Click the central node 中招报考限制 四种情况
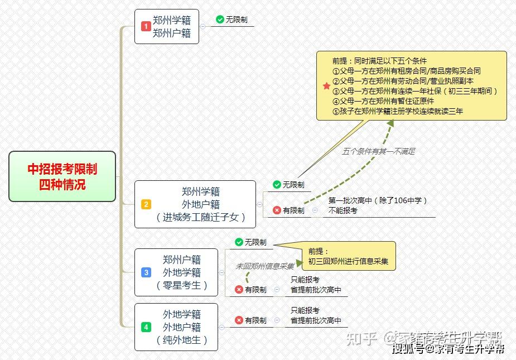(x=62, y=176)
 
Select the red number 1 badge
(x=146, y=26)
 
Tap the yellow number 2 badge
(x=146, y=204)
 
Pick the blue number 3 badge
(x=146, y=272)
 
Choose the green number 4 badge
(x=146, y=327)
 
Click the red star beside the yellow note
(x=326, y=86)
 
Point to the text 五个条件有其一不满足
(x=378, y=151)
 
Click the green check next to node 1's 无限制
(x=220, y=20)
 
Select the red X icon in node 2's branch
(x=277, y=210)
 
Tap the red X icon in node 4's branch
(x=239, y=320)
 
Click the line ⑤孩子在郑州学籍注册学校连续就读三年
(x=397, y=111)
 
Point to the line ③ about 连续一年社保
(x=414, y=91)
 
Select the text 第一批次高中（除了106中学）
(x=378, y=200)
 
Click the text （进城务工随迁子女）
(x=201, y=218)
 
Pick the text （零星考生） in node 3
(x=181, y=285)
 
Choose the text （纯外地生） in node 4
(x=181, y=340)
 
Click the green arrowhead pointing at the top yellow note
(x=390, y=124)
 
